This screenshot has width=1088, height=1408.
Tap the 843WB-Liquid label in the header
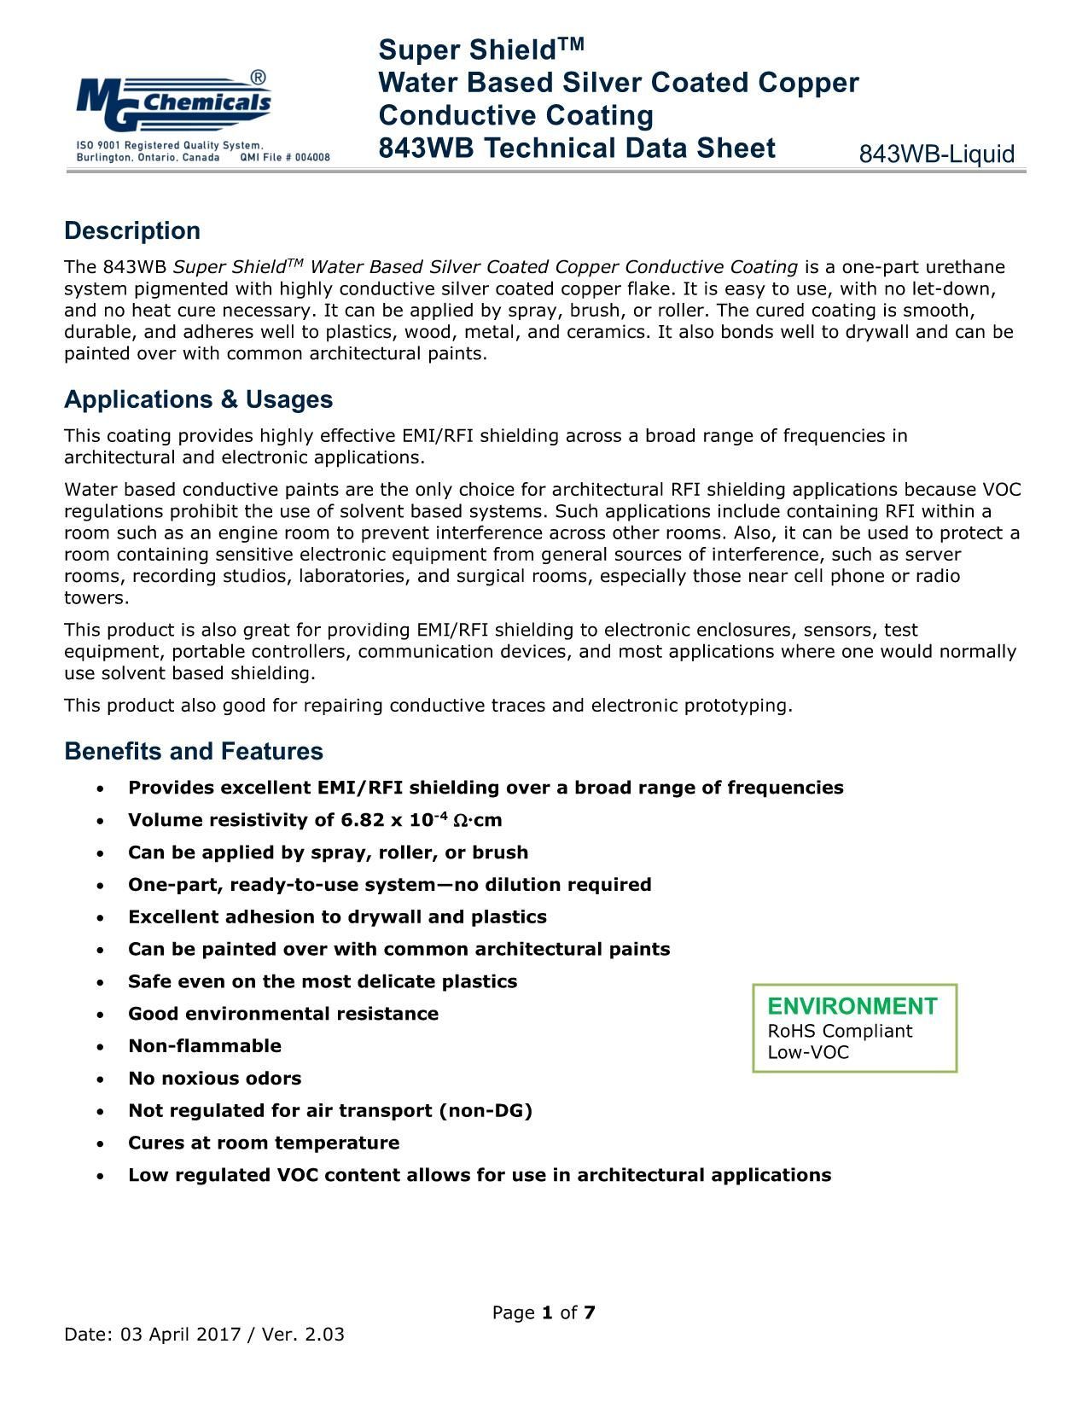[936, 154]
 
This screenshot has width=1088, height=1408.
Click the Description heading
[132, 231]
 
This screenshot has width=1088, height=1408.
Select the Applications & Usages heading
[198, 399]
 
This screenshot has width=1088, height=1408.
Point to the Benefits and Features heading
[194, 752]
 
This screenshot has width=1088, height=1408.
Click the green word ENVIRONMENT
[852, 1007]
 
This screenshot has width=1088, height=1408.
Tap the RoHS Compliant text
[840, 1031]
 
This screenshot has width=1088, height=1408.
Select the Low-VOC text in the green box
[808, 1052]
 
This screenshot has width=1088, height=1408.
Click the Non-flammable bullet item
[205, 1046]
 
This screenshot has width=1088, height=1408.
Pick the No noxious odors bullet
[214, 1079]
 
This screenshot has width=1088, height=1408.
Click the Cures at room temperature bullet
[264, 1143]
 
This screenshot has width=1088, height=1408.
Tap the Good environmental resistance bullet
[283, 1014]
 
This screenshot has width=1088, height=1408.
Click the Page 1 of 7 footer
[544, 1312]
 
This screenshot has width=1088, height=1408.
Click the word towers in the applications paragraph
[96, 598]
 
